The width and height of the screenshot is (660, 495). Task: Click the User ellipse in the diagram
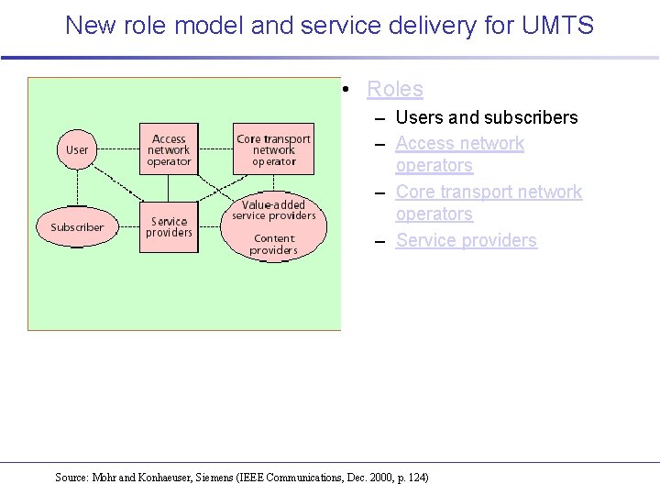(x=77, y=149)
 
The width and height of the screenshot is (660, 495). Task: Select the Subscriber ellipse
(x=77, y=226)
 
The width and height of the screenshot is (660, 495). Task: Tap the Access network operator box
(x=169, y=149)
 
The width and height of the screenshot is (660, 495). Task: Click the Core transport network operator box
(x=273, y=149)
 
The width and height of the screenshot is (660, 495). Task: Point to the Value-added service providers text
(x=273, y=210)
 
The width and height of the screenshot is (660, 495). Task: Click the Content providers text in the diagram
(x=273, y=244)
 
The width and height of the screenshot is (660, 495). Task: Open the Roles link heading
(x=394, y=89)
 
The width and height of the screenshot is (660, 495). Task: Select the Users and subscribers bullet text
(x=486, y=117)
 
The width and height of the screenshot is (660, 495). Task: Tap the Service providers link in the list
(x=466, y=240)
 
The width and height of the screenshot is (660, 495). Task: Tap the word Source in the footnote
(x=71, y=477)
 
